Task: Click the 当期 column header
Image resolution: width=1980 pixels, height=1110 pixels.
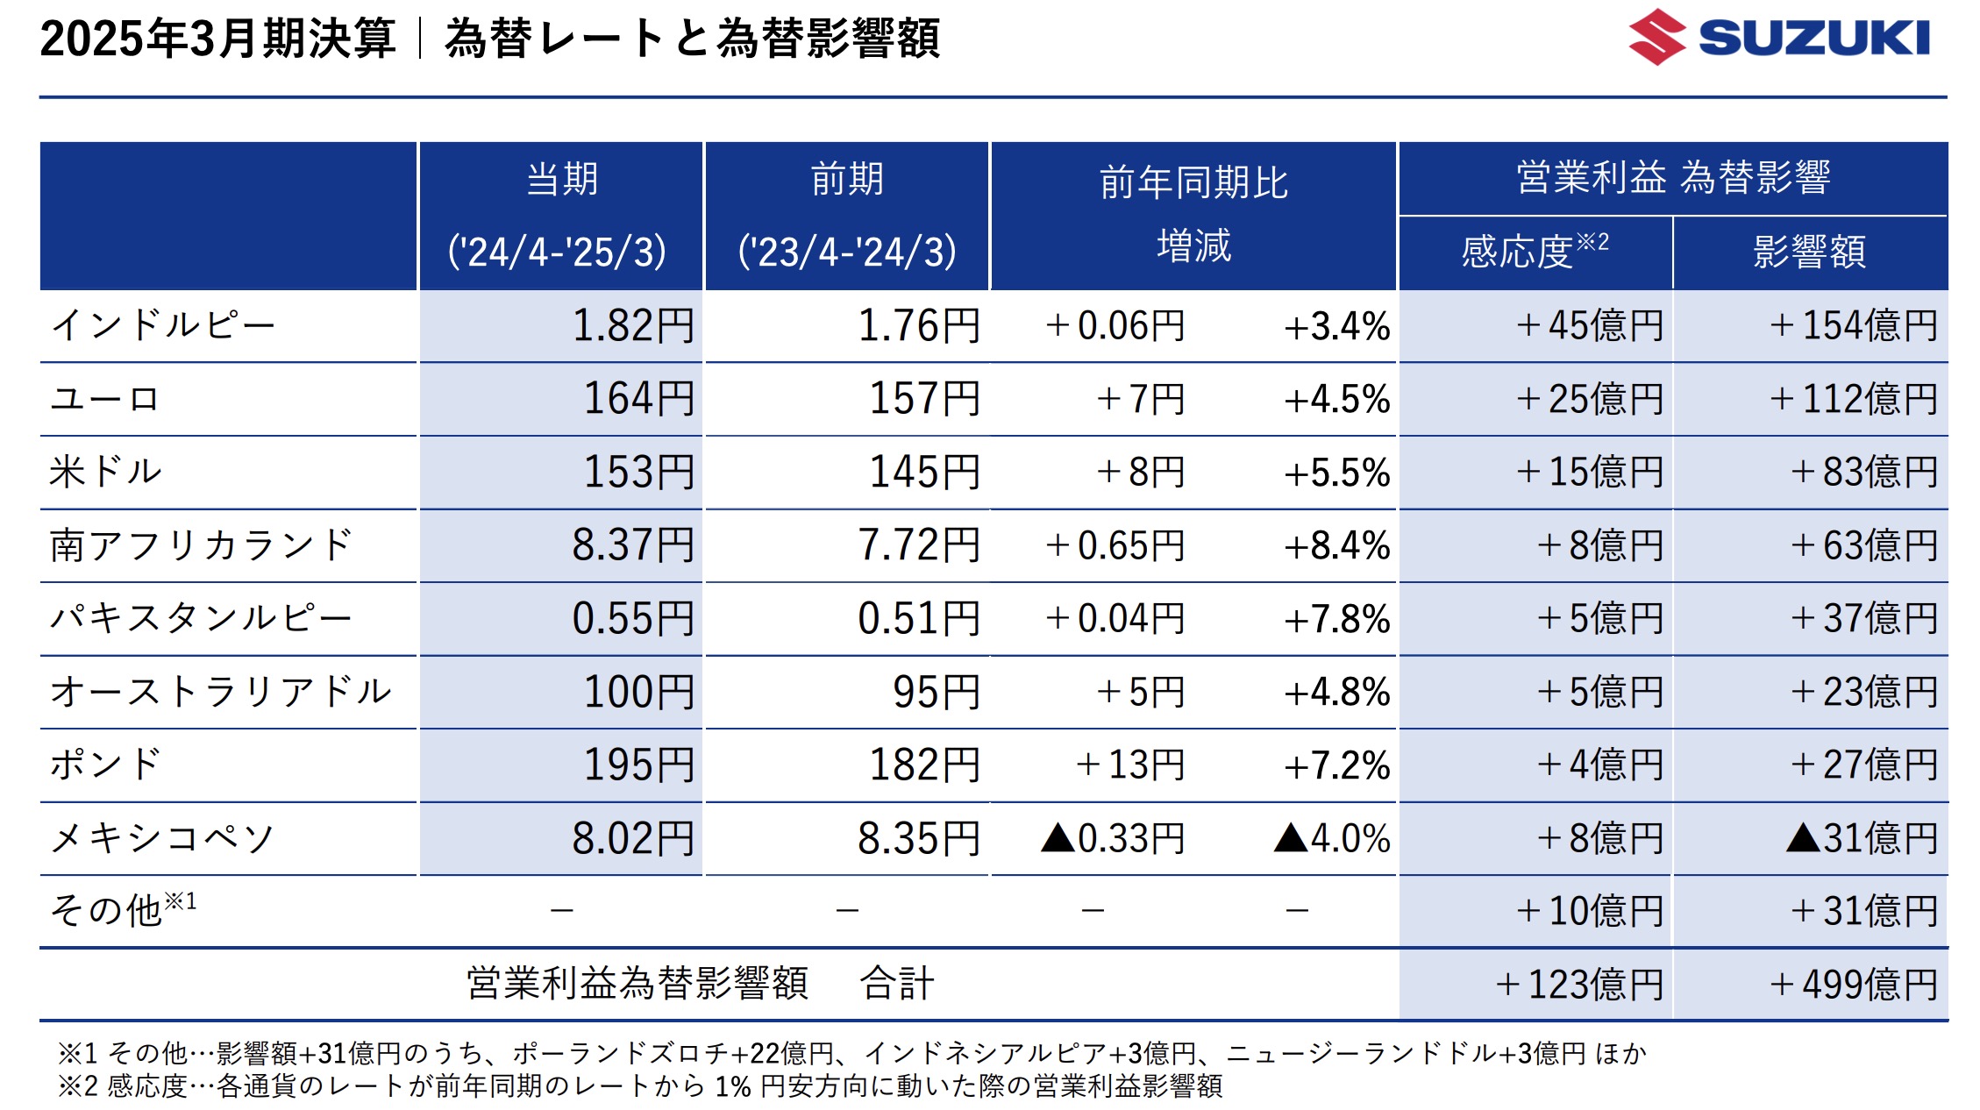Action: click(561, 181)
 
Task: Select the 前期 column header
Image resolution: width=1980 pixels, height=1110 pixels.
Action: click(847, 181)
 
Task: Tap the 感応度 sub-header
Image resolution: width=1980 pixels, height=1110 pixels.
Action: click(1534, 252)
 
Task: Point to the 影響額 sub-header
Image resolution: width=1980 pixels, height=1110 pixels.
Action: click(1809, 252)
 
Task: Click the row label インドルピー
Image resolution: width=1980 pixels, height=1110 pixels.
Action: click(163, 325)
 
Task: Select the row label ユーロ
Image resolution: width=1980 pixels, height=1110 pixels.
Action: click(105, 399)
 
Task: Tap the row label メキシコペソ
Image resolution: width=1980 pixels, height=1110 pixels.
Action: click(163, 838)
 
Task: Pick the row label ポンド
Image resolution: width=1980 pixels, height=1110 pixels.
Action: click(105, 765)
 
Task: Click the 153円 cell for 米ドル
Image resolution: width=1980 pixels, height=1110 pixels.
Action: click(638, 473)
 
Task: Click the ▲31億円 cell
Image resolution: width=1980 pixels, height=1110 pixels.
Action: click(1861, 838)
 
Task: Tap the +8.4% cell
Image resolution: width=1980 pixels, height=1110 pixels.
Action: click(1336, 545)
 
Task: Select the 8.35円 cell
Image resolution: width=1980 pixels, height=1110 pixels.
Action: click(918, 838)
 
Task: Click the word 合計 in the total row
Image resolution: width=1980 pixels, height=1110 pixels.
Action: click(896, 983)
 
